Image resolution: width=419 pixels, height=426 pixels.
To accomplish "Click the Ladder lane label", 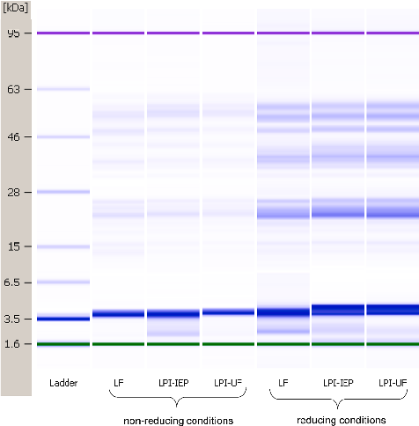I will (x=62, y=383).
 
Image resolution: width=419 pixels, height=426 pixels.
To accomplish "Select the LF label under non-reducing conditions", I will (x=118, y=383).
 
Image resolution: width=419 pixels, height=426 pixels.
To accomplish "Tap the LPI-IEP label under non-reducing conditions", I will (x=173, y=383).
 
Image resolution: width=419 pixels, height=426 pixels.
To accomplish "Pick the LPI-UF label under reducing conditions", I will (x=392, y=383).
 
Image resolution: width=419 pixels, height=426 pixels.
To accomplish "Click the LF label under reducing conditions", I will (x=283, y=383).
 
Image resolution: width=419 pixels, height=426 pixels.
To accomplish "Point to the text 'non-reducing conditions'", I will (x=177, y=421).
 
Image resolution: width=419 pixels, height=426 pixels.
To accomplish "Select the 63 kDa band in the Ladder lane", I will (x=62, y=89).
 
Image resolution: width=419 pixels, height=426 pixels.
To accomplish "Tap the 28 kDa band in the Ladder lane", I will (x=62, y=192).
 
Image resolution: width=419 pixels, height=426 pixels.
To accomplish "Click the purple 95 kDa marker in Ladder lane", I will (x=62, y=33).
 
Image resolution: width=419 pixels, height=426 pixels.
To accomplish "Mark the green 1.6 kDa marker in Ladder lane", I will (x=62, y=344).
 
